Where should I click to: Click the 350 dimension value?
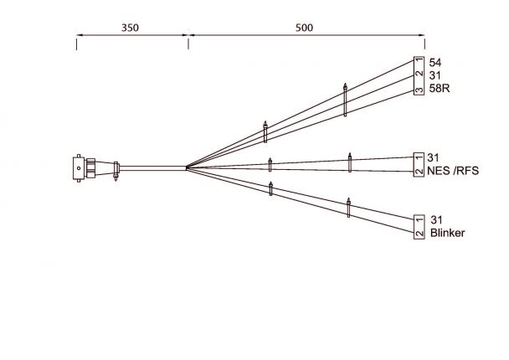coord(130,27)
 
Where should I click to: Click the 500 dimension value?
coord(304,27)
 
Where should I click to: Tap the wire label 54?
coord(435,63)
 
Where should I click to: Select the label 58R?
coord(439,89)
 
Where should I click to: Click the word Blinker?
coord(447,234)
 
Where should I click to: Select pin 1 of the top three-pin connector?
coord(419,62)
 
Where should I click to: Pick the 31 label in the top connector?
coord(435,75)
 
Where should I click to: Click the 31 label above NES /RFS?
coord(434,157)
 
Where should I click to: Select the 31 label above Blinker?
coord(436,219)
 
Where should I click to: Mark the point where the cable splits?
coord(186,168)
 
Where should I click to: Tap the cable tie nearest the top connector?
coord(345,100)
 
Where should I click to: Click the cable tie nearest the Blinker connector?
coord(349,207)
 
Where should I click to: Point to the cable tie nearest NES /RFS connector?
coord(350,162)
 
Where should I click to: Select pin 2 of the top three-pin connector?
coord(419,75)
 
